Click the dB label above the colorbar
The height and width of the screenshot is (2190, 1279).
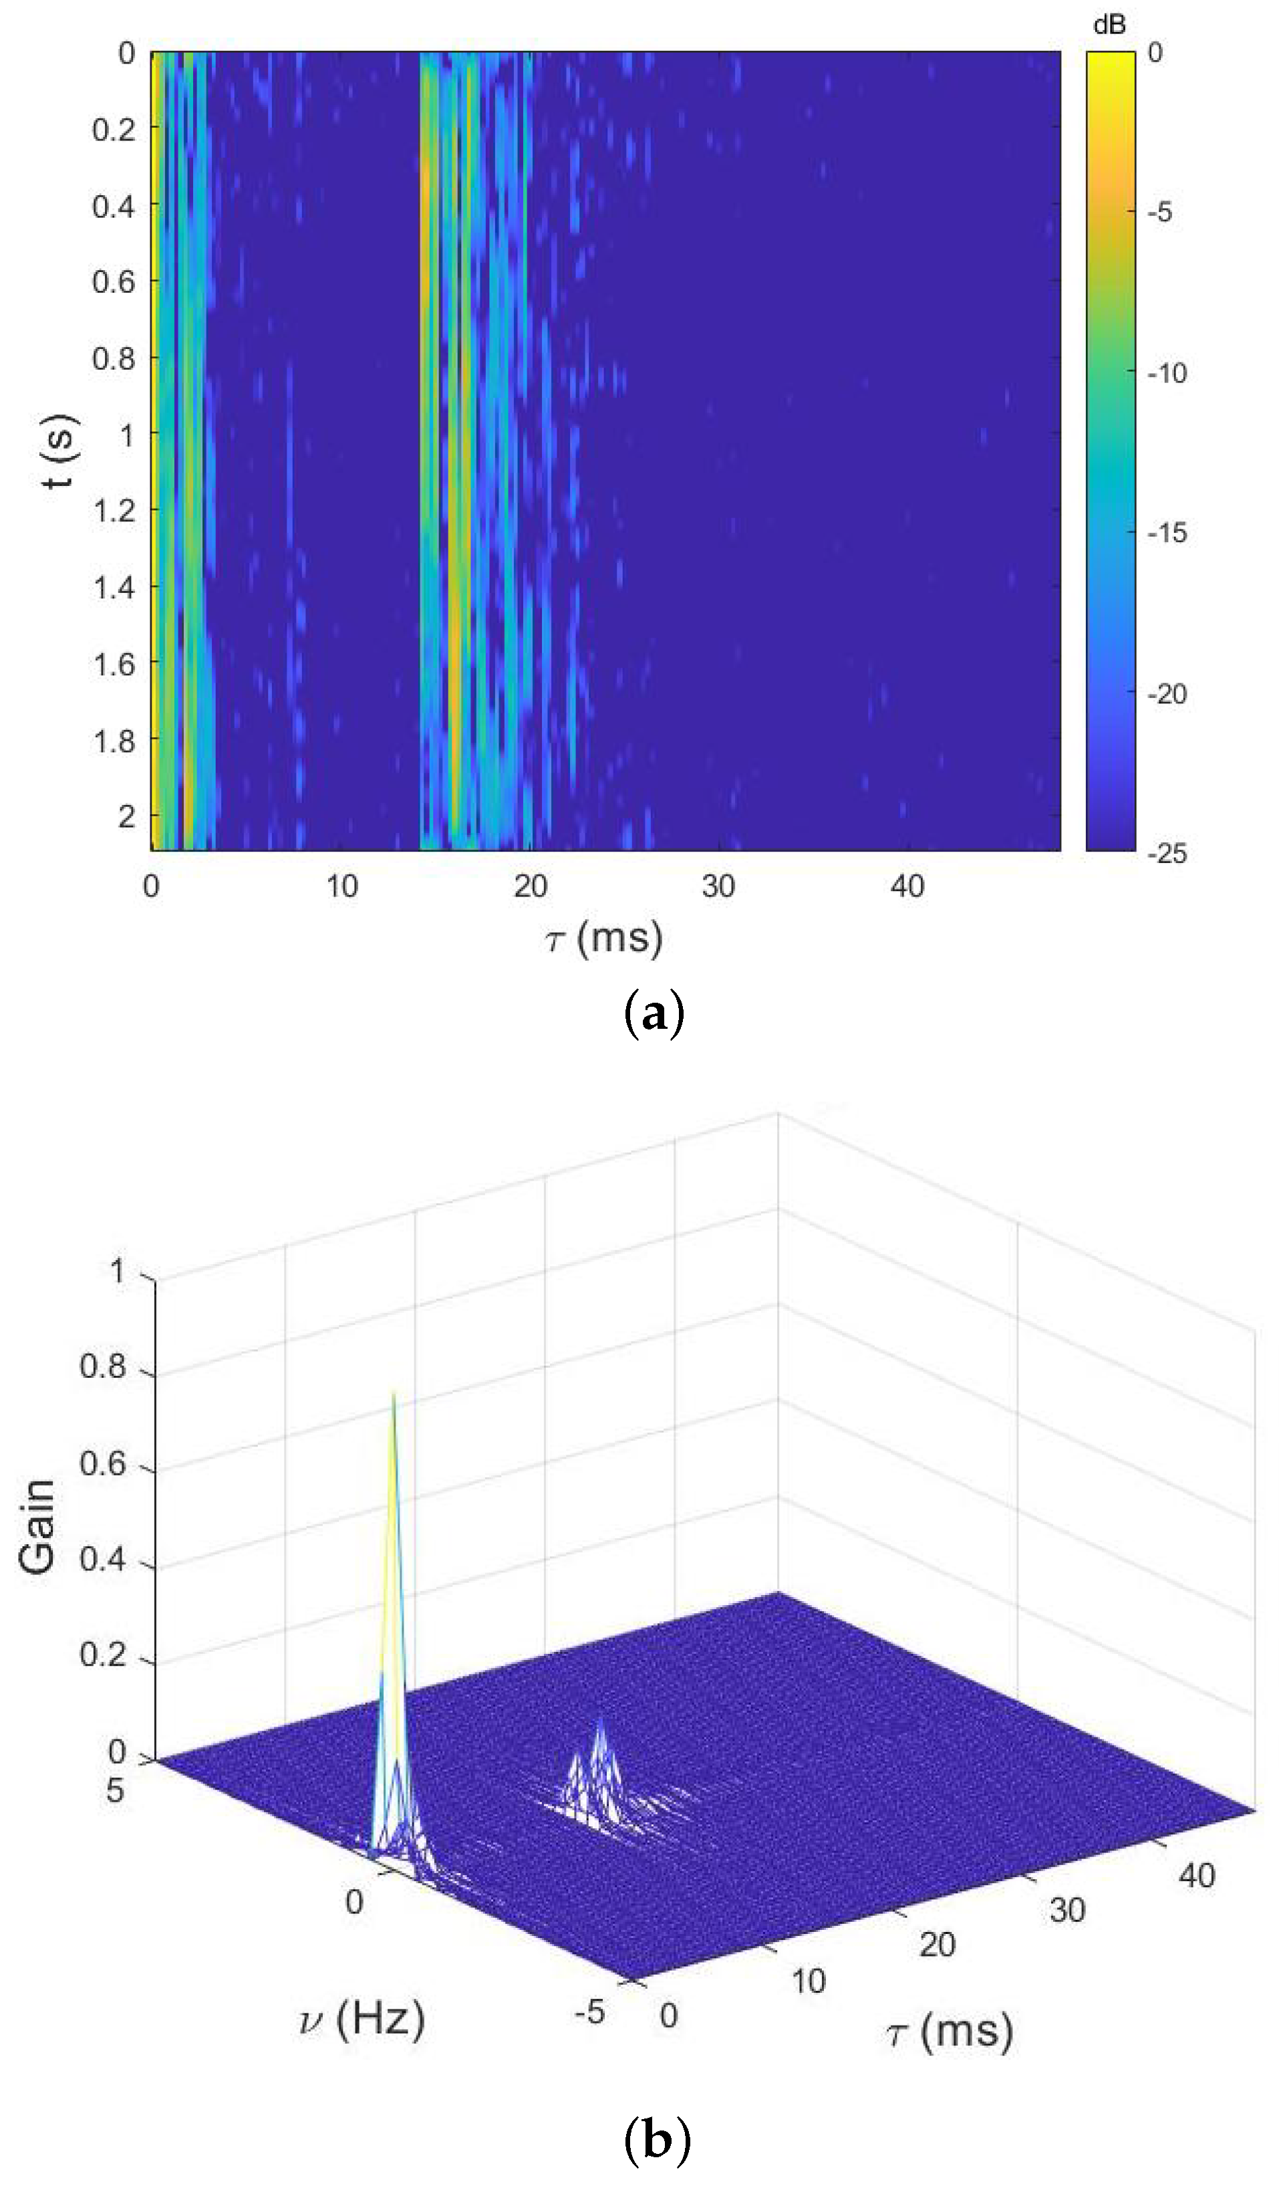(1109, 26)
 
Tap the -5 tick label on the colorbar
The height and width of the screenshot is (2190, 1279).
(1160, 212)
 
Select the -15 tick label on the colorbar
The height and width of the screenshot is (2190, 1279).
(1165, 533)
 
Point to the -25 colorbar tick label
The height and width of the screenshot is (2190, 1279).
(1165, 854)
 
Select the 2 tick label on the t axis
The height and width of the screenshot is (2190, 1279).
(127, 817)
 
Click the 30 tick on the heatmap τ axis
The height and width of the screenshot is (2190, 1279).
(718, 886)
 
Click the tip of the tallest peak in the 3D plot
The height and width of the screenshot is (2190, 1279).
(394, 1392)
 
